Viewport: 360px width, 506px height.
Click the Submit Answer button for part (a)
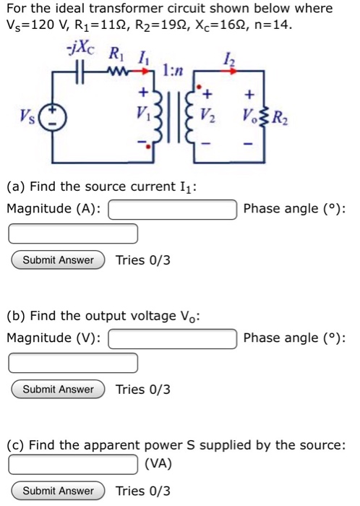click(59, 260)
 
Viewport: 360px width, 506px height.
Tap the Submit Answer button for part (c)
click(59, 491)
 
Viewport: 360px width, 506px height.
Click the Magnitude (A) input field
click(173, 209)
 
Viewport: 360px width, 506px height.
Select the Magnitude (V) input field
click(173, 338)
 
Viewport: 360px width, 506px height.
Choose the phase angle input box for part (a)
click(74, 233)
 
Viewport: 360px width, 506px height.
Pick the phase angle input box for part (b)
click(74, 363)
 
